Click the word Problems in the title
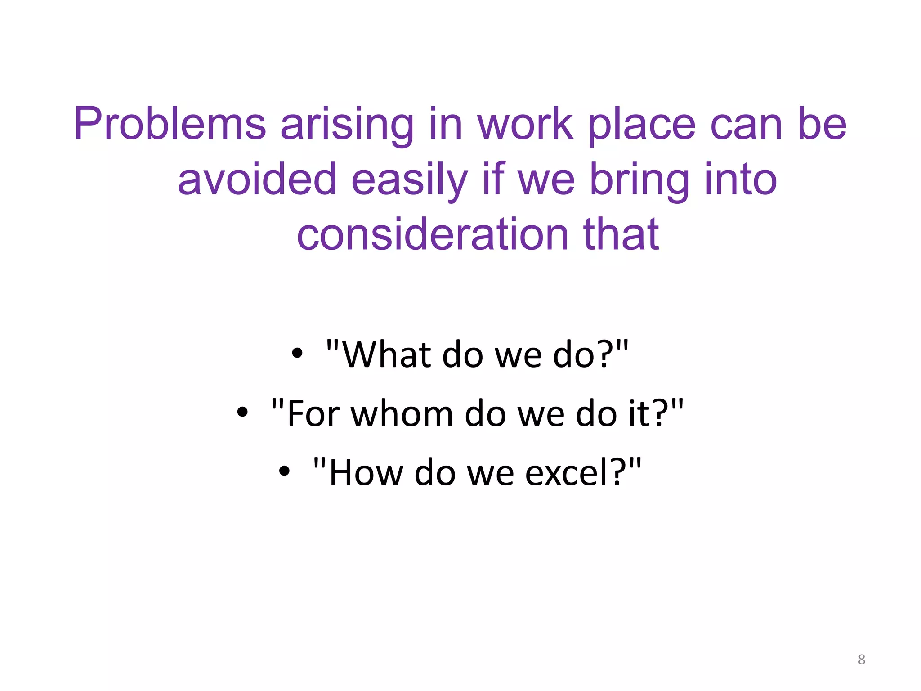click(170, 124)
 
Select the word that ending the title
click(621, 234)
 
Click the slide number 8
click(861, 660)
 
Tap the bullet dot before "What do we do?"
click(297, 353)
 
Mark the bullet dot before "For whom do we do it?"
click(242, 412)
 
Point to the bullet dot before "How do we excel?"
click(284, 471)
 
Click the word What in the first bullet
click(387, 355)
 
